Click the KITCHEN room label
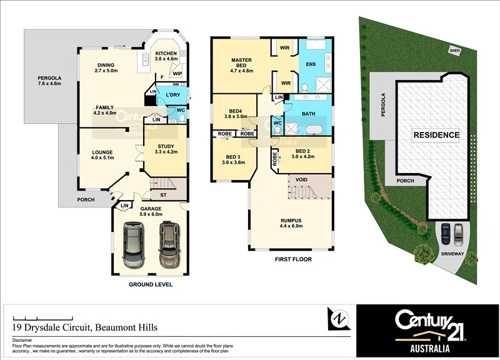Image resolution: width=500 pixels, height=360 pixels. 166,53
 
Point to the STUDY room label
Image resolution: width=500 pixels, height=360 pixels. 166,146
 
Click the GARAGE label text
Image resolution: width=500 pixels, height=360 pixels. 151,209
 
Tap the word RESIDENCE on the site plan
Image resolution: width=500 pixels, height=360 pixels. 436,135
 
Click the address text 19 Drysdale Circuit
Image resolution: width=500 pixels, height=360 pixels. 85,327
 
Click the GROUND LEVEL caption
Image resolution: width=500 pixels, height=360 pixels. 151,284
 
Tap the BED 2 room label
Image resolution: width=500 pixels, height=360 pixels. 302,151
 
